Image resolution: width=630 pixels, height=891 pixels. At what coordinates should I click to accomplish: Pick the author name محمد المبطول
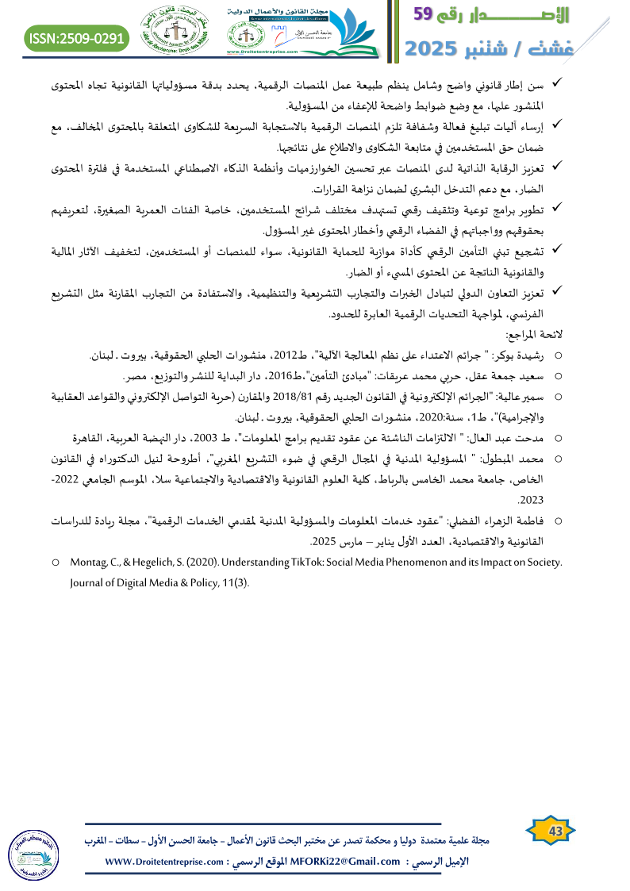click(513, 458)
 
